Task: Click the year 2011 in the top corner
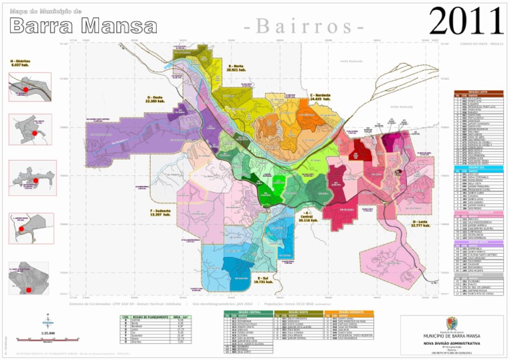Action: (467, 21)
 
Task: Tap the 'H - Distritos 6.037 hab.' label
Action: (20, 63)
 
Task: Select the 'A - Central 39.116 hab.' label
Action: (306, 217)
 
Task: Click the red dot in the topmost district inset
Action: (25, 88)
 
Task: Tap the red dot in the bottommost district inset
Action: (28, 290)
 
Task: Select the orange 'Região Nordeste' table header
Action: (347, 312)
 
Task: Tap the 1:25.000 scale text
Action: (48, 332)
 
